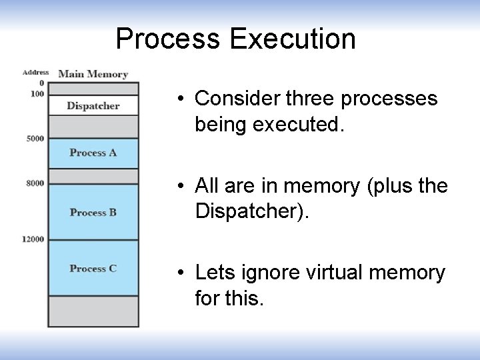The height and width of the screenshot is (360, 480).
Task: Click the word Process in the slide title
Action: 169,39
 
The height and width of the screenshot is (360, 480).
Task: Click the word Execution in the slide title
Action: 293,39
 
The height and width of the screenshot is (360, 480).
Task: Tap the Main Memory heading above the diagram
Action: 93,74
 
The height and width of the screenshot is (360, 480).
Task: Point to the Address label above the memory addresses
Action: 35,72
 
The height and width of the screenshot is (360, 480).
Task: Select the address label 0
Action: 41,83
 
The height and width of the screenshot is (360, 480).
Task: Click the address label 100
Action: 37,93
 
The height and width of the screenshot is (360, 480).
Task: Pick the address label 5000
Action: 35,138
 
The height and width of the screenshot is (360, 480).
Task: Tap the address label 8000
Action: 35,183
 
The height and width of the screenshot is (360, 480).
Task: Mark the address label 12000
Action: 33,239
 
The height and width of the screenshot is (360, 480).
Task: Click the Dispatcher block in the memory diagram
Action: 93,105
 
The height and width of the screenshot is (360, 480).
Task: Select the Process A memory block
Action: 93,153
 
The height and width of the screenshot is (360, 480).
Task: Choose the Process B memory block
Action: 93,212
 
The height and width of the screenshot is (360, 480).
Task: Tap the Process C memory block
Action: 93,268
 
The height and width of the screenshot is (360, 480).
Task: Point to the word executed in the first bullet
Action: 306,125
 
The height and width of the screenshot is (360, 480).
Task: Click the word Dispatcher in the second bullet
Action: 251,211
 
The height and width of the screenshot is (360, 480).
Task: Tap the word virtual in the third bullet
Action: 340,273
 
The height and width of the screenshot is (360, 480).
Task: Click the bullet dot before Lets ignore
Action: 181,273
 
